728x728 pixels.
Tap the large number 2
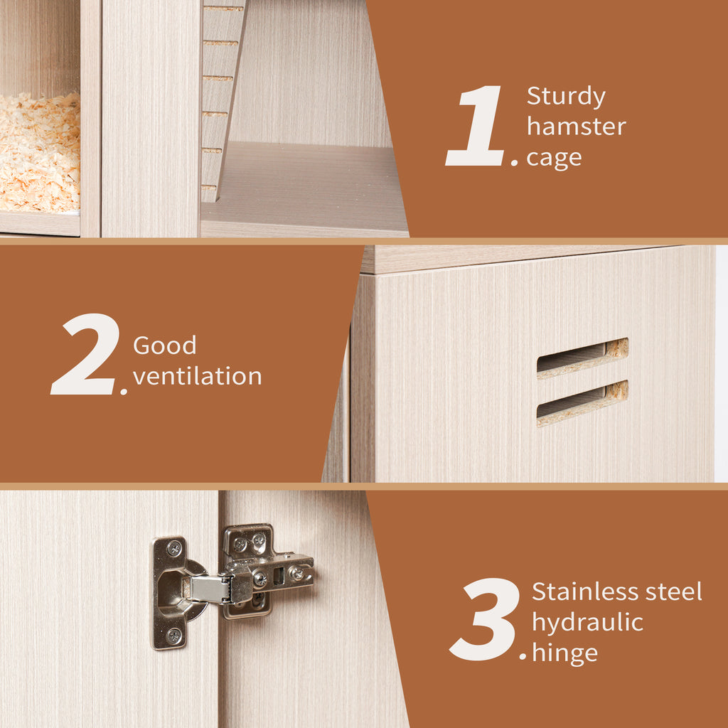click(x=85, y=354)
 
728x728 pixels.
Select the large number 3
click(x=485, y=619)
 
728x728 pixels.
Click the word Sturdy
click(x=566, y=97)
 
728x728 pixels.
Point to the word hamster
click(x=576, y=126)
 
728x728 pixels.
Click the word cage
click(x=554, y=159)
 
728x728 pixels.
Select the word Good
click(x=164, y=345)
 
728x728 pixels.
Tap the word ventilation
click(x=198, y=375)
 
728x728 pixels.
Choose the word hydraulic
click(x=587, y=623)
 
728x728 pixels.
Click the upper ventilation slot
click(x=582, y=358)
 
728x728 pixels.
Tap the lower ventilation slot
click(x=582, y=403)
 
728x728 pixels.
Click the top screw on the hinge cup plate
click(x=174, y=548)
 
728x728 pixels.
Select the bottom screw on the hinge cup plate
click(x=174, y=636)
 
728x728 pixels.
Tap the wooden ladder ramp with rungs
click(x=223, y=100)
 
